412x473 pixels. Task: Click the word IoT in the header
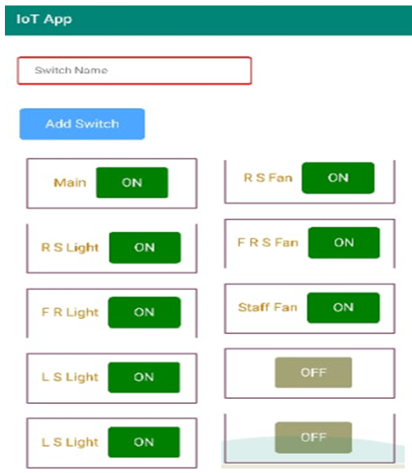[28, 19]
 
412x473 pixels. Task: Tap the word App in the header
[58, 20]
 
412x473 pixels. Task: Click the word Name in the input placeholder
[91, 70]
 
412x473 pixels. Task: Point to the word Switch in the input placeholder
[53, 70]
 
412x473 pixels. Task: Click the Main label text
[70, 182]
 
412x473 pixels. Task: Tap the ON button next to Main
[132, 182]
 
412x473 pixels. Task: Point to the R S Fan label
[268, 178]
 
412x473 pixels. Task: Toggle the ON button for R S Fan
[338, 178]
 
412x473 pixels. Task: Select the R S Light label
[70, 248]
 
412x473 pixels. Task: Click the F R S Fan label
[268, 242]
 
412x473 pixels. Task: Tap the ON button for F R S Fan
[344, 242]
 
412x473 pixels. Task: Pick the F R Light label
[70, 312]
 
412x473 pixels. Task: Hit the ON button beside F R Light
[145, 312]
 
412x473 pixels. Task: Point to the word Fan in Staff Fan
[285, 307]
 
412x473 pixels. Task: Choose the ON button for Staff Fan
[344, 307]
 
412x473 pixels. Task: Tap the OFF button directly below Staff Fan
[313, 372]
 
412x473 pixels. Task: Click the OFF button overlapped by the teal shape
[313, 438]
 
